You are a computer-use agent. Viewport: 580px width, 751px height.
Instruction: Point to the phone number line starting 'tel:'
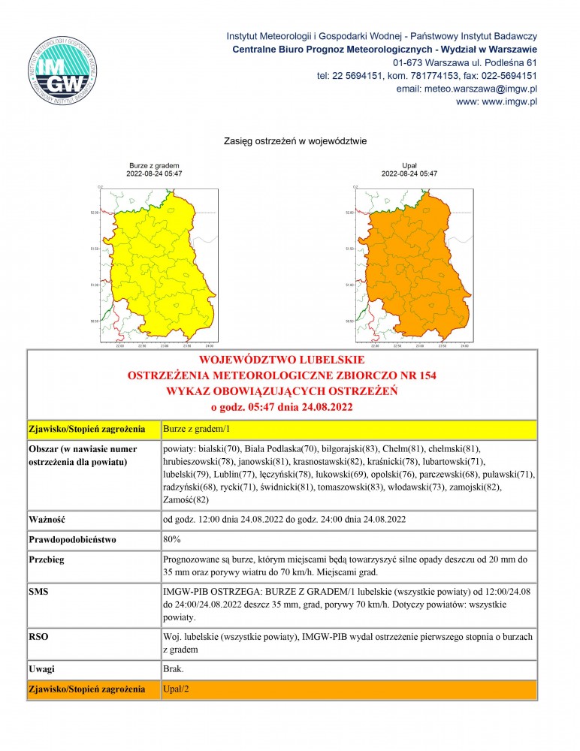pyautogui.click(x=426, y=75)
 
